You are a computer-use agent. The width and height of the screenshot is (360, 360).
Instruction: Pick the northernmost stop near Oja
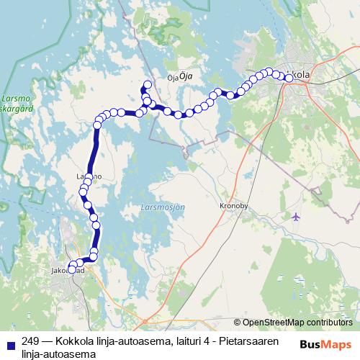coord(146,84)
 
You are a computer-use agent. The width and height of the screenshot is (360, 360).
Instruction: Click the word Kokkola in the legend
coord(73,341)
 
